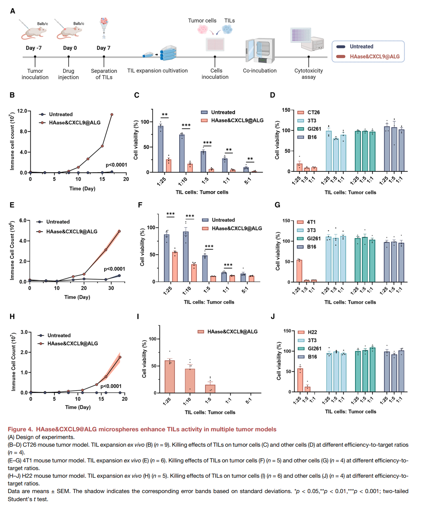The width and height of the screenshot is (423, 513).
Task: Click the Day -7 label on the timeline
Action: [34, 48]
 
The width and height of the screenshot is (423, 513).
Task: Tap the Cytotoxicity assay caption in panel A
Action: [308, 74]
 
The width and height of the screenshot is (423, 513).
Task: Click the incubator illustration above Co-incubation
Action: [260, 50]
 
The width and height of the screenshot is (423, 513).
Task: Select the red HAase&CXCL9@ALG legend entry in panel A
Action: [368, 56]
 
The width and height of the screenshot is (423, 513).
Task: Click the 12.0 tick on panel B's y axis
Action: [22, 111]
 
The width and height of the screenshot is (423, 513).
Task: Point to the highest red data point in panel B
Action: [112, 115]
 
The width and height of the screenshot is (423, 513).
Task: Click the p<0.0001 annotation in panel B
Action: [116, 165]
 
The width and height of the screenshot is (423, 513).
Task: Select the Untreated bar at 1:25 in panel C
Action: [161, 149]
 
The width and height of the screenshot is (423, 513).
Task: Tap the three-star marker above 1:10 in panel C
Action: [186, 125]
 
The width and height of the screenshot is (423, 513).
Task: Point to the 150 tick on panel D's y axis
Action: [286, 110]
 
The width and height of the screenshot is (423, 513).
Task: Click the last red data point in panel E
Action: [119, 231]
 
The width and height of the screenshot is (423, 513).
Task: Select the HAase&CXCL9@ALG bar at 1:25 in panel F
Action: [175, 266]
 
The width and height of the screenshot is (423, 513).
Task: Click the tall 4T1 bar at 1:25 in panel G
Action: [299, 271]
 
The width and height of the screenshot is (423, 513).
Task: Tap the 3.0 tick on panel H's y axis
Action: [24, 332]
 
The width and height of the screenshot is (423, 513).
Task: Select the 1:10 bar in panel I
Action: [190, 381]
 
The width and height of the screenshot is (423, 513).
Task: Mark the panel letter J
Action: [272, 316]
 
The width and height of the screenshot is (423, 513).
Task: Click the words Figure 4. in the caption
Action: [20, 429]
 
